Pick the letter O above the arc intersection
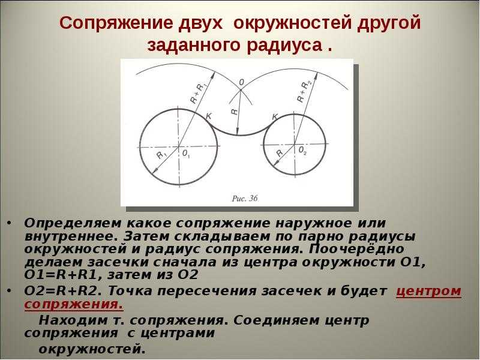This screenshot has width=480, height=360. (242, 82)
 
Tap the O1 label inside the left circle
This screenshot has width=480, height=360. (187, 154)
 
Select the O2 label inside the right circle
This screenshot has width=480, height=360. (302, 151)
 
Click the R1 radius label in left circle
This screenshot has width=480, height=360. (161, 155)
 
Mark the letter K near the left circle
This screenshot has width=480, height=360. (209, 116)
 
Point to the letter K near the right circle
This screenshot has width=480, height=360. (275, 116)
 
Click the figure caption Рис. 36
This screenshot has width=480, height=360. (245, 199)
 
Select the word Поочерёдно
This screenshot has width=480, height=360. (356, 249)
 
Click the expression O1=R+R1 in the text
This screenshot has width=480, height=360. (62, 275)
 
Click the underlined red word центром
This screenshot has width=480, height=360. (428, 291)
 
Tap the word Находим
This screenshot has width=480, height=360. (73, 320)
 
